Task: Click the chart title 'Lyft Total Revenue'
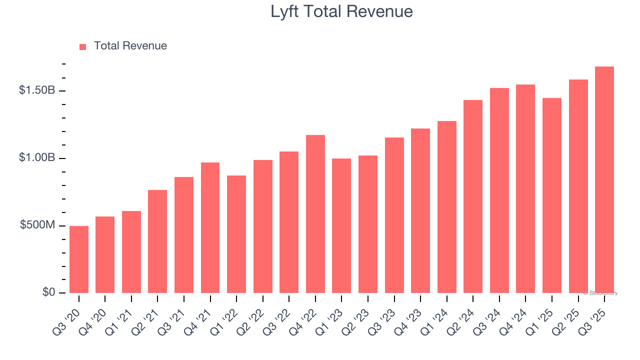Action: [341, 11]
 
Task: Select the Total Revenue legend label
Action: [130, 46]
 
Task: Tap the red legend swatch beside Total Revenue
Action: [83, 46]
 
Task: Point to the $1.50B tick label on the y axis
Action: [37, 90]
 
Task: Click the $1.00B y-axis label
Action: [37, 158]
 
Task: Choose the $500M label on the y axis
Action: [37, 225]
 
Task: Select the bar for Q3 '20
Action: [79, 259]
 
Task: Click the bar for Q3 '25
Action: [604, 180]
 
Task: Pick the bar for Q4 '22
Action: [315, 214]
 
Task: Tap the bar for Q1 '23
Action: [341, 225]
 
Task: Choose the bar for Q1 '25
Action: [551, 195]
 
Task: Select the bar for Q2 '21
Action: [157, 241]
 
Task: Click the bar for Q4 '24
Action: [525, 188]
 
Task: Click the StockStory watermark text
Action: [600, 293]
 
